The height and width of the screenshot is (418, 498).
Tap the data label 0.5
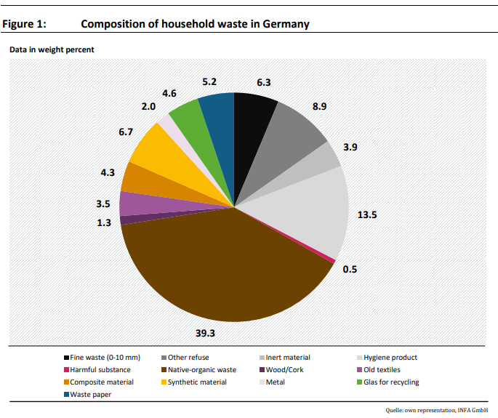pyautogui.click(x=349, y=269)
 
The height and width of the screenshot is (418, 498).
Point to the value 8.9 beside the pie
pyautogui.click(x=320, y=106)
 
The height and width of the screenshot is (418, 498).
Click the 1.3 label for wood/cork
pyautogui.click(x=104, y=223)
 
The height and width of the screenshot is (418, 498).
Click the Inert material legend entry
pyautogui.click(x=289, y=358)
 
